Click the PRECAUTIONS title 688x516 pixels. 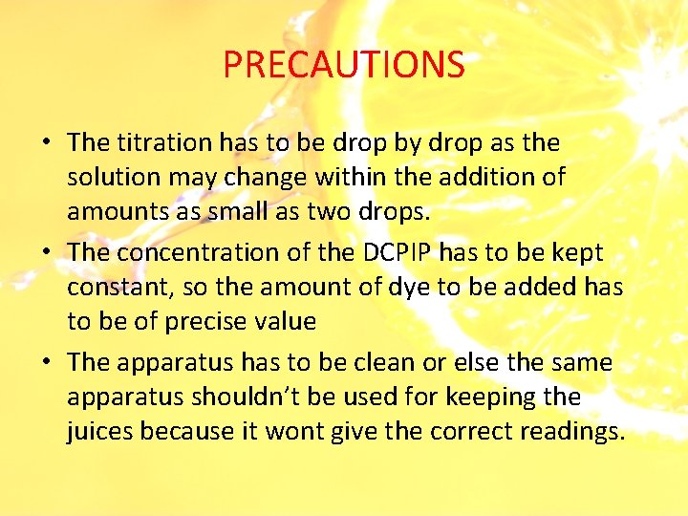344,65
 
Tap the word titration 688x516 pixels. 163,142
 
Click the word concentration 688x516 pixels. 204,251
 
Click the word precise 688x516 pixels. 210,322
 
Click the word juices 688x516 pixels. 100,432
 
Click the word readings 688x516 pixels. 572,432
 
